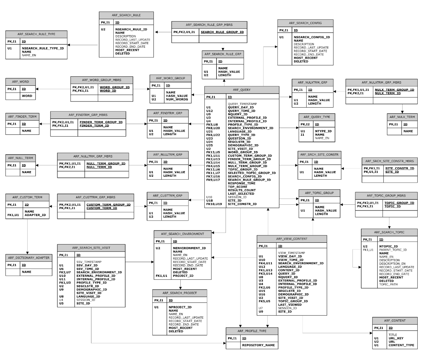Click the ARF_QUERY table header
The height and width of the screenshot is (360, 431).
pyautogui.click(x=241, y=90)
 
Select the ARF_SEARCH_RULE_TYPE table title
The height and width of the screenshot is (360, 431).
pyautogui.click(x=36, y=34)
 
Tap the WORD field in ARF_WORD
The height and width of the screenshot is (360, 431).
pyautogui.click(x=27, y=96)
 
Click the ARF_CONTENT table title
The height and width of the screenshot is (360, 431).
pyautogui.click(x=394, y=321)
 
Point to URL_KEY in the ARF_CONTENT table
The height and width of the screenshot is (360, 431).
pyautogui.click(x=396, y=338)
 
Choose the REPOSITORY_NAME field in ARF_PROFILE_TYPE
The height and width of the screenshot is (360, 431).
pyautogui.click(x=259, y=345)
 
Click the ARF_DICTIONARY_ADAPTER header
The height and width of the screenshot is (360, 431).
pyautogui.click(x=27, y=258)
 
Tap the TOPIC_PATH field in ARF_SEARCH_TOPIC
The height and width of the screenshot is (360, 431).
pyautogui.click(x=389, y=284)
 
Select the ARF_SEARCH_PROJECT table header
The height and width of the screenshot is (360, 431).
pyautogui.click(x=180, y=293)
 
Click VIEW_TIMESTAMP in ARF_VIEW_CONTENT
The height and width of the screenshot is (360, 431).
pyautogui.click(x=292, y=253)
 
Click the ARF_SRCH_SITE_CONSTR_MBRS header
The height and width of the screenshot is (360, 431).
pyautogui.click(x=390, y=161)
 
